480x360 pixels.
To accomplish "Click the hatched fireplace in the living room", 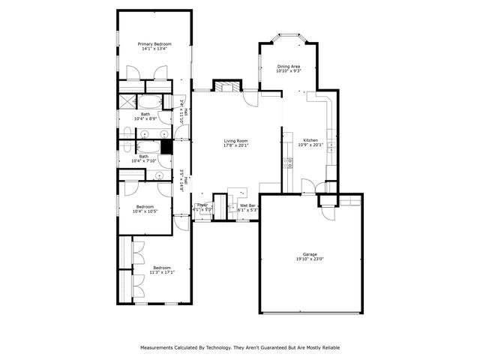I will click(x=224, y=86).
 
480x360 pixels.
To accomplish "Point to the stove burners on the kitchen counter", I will click(x=286, y=162).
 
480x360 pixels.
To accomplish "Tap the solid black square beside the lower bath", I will click(x=166, y=148).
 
